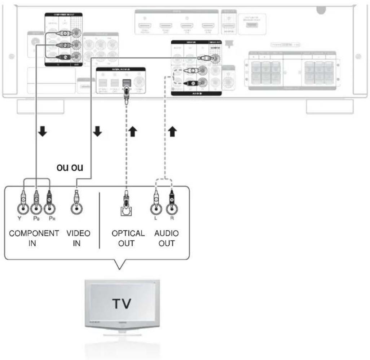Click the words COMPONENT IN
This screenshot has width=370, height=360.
(x=34, y=238)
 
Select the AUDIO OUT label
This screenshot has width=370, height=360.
(x=166, y=238)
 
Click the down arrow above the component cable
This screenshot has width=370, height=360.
(x=43, y=132)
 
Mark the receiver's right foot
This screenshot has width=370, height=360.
(x=329, y=107)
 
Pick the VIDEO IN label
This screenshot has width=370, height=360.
(x=76, y=238)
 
